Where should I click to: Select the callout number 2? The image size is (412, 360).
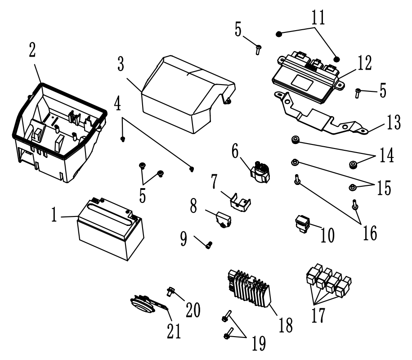click(x=32, y=50)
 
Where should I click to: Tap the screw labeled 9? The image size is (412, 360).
click(x=208, y=244)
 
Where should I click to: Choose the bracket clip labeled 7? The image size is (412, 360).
click(x=239, y=199)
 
